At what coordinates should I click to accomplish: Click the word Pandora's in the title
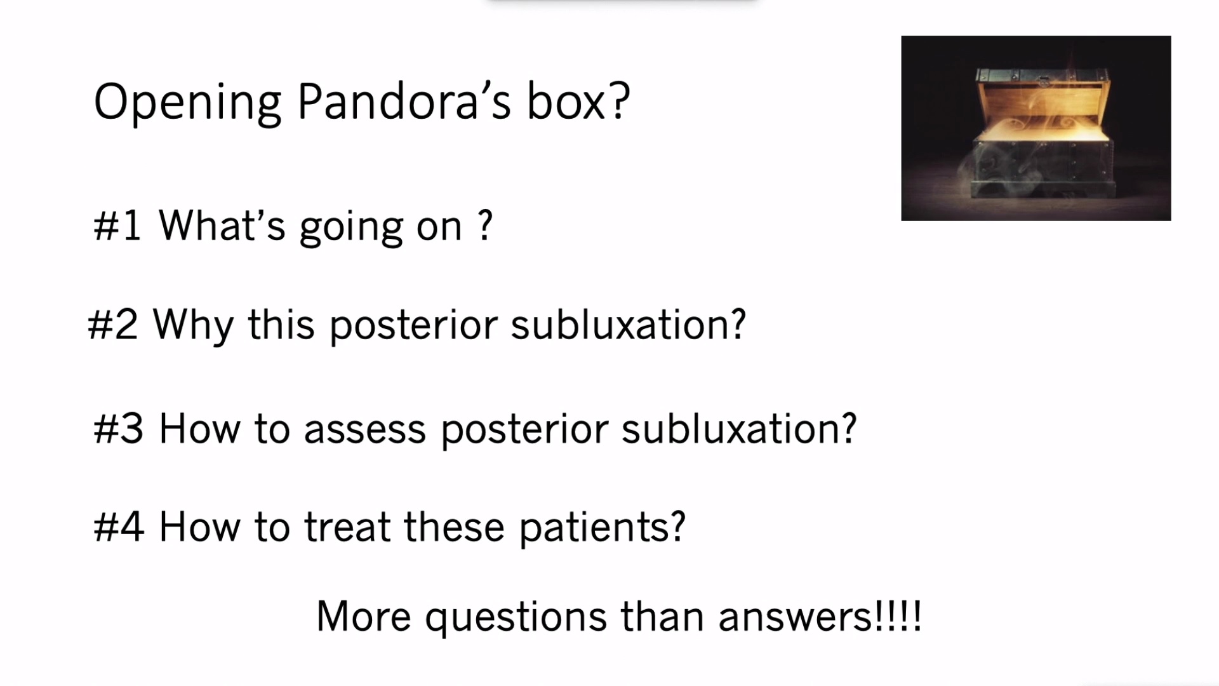pos(404,102)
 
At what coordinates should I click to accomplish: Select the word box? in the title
pos(578,102)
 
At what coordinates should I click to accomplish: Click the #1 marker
pos(117,225)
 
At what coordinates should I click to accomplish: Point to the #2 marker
pos(112,325)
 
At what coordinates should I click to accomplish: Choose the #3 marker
pos(118,429)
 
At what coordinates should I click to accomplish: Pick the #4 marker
pos(118,527)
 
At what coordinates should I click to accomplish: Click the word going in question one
pos(350,227)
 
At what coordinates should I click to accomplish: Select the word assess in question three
pos(364,430)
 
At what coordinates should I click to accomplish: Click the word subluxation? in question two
pos(628,325)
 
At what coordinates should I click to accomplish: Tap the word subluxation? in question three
pos(739,429)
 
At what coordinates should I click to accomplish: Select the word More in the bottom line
pos(363,616)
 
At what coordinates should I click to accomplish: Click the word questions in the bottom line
pos(516,618)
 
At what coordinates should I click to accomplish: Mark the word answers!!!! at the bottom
pos(820,616)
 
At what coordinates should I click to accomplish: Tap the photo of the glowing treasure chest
pos(1036,128)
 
